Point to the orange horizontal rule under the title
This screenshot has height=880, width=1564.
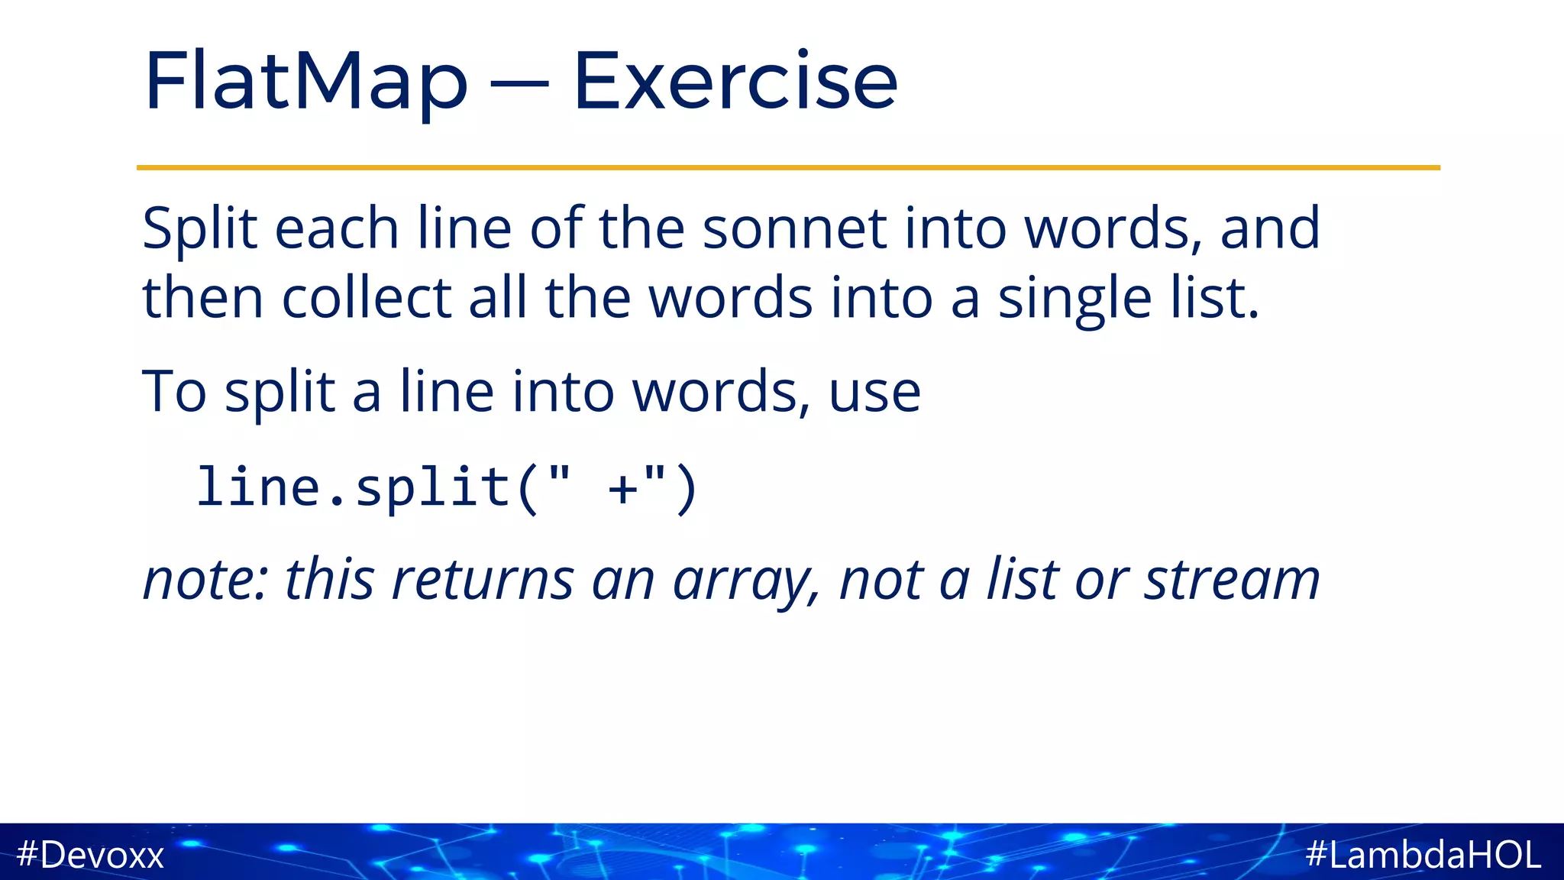788,167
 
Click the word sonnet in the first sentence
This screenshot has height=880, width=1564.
794,228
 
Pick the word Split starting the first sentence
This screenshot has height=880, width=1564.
200,228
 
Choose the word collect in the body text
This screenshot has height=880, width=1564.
367,298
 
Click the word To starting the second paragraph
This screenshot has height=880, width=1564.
174,392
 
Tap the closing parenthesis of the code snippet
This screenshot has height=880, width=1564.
687,489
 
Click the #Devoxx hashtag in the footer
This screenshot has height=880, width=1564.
90,854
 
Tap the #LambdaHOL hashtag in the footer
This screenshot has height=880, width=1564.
1423,854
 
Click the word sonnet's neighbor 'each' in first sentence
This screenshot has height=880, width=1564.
337,228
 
